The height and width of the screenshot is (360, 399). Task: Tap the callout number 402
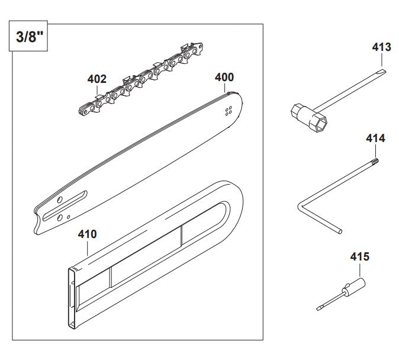(96, 79)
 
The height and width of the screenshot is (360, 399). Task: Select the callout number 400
(224, 77)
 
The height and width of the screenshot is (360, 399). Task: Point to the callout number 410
(88, 234)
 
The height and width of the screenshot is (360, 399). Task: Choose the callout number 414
(375, 139)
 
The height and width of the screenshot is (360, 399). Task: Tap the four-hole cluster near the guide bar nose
(229, 112)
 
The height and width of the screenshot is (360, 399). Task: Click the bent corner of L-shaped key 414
(300, 207)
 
